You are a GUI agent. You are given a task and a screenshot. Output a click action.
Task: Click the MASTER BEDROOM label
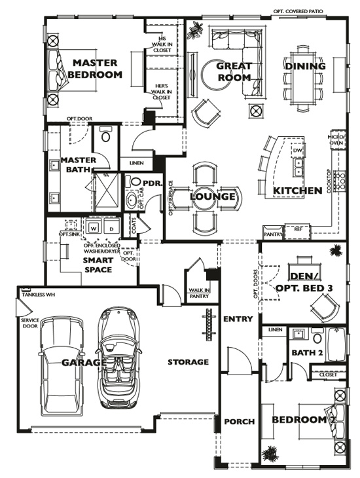pos(95,69)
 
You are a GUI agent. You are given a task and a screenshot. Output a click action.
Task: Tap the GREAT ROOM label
pos(234,71)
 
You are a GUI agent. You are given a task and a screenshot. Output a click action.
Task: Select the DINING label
pos(304,66)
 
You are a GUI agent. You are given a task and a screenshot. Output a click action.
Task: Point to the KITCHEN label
pos(297,191)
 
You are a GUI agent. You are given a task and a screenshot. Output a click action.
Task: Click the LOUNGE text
pos(213,196)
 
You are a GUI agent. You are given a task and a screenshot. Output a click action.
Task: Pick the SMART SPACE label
pos(98,265)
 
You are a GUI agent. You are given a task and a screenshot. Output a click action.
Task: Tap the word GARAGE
pos(84,362)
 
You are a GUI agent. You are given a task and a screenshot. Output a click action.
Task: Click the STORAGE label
pos(188,361)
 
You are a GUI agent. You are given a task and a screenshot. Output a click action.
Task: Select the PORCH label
pos(240,421)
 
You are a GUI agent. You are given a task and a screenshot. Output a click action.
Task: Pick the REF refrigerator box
pos(298,230)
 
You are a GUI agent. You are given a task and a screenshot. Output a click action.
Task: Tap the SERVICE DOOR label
pos(29,323)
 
